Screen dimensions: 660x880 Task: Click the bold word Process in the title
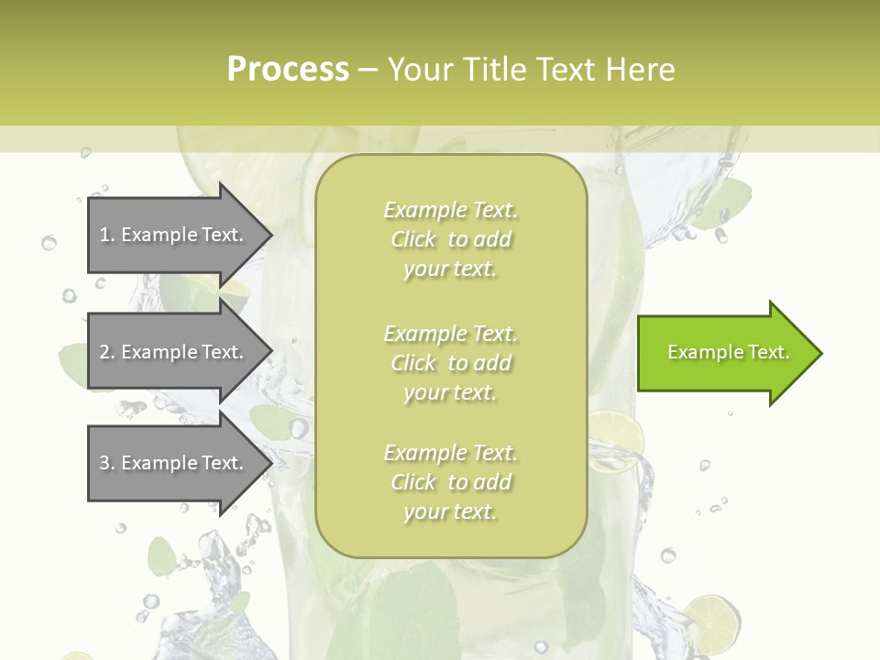pos(288,70)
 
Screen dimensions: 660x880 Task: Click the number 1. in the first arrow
pos(106,235)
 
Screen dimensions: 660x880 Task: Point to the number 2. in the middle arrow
pos(106,352)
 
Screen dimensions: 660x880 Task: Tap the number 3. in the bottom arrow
pos(106,463)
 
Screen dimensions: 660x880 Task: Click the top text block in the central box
pos(450,239)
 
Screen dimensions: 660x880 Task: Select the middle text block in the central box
pos(450,363)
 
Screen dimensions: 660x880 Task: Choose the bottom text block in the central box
pos(450,482)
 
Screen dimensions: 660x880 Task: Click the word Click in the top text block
pos(413,240)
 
